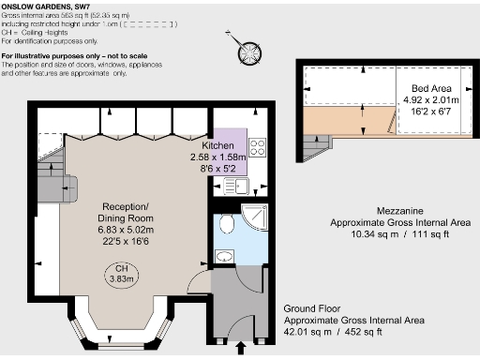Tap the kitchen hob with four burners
point(258,148)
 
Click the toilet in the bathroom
point(224,223)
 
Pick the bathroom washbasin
point(224,255)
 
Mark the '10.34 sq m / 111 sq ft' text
point(386,235)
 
